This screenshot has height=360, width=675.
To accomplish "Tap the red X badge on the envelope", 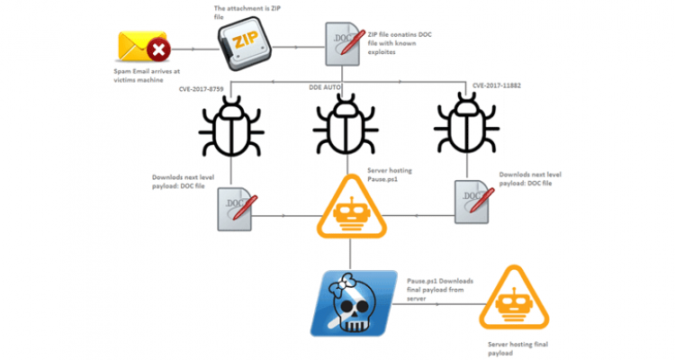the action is (x=158, y=50).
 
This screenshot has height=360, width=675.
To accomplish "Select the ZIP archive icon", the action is (x=244, y=43).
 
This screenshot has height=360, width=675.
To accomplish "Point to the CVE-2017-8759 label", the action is (x=201, y=89).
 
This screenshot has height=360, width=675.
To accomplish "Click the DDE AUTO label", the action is (x=325, y=87).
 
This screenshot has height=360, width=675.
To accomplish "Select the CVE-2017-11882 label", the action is (x=496, y=85).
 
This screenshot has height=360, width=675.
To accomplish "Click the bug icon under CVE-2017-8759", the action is (x=231, y=126).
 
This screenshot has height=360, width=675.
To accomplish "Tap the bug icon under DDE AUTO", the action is (x=346, y=124).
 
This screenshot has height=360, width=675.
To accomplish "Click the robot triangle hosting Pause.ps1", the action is (x=352, y=208).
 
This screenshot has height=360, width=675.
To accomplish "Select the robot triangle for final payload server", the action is (x=514, y=299).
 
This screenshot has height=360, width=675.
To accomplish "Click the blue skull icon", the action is (x=354, y=303).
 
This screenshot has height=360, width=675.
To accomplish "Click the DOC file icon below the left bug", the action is (x=237, y=209).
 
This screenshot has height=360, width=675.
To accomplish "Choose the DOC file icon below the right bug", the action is (x=473, y=202).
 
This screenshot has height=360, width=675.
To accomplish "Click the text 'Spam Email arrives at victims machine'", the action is (x=147, y=76).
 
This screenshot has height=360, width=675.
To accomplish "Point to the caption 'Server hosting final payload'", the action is (x=517, y=349).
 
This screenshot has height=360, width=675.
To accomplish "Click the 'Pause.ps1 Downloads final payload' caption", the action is (x=440, y=290).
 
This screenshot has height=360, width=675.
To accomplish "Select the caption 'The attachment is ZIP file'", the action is (x=247, y=13).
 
